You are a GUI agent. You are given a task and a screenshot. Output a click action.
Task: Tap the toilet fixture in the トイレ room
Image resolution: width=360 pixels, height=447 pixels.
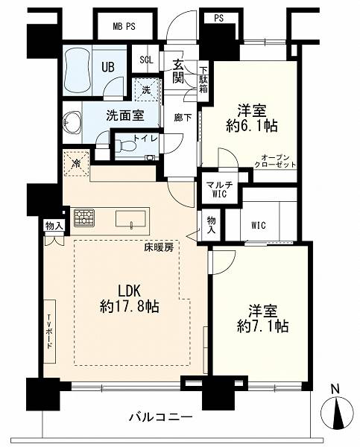pos(126,146)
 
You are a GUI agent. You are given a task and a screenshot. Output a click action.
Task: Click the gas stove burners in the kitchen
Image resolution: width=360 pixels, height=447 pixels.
pos(84,218)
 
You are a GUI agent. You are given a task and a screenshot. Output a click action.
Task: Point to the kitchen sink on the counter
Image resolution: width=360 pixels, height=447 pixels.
pos(130,219)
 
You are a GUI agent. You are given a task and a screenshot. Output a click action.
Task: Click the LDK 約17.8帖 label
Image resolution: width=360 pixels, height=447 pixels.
pos(129,299)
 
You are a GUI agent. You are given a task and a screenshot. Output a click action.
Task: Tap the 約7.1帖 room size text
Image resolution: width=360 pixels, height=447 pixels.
pos(262,326)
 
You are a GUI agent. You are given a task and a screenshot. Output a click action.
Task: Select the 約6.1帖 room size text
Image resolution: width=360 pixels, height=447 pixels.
pos(252,125)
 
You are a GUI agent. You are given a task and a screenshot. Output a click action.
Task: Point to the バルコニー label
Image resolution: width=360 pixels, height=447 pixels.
pos(161,418)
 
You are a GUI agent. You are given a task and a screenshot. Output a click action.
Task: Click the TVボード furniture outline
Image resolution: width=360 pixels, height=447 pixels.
pos(50,331)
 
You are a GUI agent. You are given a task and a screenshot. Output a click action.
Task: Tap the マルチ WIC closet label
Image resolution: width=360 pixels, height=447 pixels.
pos(219,189)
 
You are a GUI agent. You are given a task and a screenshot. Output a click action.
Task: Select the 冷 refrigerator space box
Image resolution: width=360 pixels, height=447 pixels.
pos(76,164)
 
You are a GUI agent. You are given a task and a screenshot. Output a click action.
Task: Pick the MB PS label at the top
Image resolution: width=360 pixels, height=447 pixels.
pos(124,27)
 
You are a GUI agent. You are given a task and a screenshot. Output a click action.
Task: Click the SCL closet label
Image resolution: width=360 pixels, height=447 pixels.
pos(146,60)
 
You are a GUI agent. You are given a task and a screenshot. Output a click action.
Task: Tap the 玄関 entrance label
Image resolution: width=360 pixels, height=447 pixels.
pos(179,72)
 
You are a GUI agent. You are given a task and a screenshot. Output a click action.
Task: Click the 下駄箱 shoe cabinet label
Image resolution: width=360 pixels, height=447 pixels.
pos(203,80)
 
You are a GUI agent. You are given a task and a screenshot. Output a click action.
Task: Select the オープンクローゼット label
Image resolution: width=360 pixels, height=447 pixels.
pos(275,161)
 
